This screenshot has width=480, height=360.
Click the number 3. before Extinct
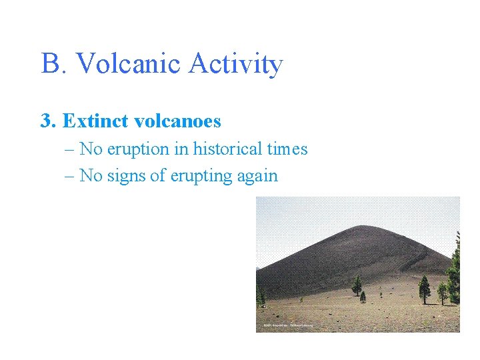pyautogui.click(x=47, y=121)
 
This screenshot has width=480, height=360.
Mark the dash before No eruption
pyautogui.click(x=71, y=149)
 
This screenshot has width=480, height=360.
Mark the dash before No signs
pyautogui.click(x=71, y=176)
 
